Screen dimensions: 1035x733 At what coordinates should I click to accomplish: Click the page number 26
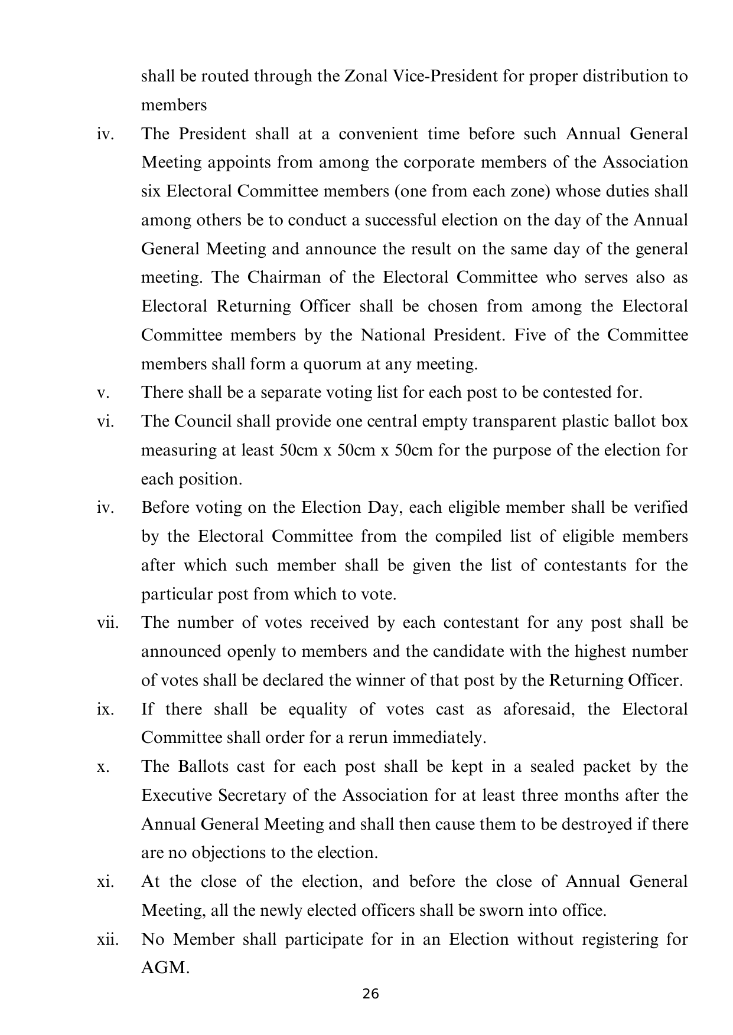pyautogui.click(x=370, y=994)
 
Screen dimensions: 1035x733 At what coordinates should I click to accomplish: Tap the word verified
pyautogui.click(x=660, y=507)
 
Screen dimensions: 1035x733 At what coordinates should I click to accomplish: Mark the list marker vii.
pyautogui.click(x=107, y=623)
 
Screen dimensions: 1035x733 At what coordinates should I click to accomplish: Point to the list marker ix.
pyautogui.click(x=104, y=709)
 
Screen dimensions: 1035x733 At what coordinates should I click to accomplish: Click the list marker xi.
pyautogui.click(x=104, y=882)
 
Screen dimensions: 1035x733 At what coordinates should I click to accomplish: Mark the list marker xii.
pyautogui.click(x=107, y=939)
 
